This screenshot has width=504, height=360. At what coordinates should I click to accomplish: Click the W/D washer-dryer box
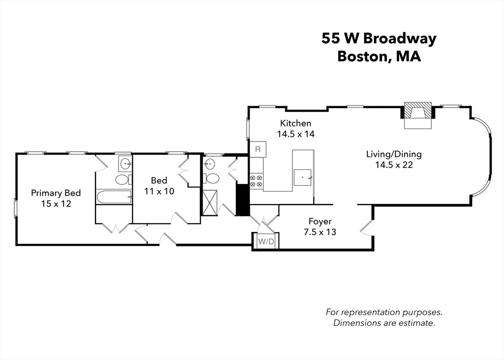click(265, 241)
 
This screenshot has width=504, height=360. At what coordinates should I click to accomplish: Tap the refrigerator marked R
click(257, 149)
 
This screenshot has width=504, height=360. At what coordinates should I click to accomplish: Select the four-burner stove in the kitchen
click(256, 180)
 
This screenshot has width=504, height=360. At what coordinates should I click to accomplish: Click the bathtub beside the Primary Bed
click(114, 197)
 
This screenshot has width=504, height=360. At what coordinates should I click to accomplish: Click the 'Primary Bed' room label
click(56, 193)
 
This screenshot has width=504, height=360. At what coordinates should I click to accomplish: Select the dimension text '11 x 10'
click(159, 191)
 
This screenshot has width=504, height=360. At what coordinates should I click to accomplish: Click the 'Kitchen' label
click(295, 123)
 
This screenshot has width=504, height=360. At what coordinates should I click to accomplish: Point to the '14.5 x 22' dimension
click(394, 165)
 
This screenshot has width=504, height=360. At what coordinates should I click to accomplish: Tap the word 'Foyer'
click(319, 221)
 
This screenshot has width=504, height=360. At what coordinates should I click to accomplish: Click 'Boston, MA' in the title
click(379, 56)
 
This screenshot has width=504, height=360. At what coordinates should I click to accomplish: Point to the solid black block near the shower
click(243, 199)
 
